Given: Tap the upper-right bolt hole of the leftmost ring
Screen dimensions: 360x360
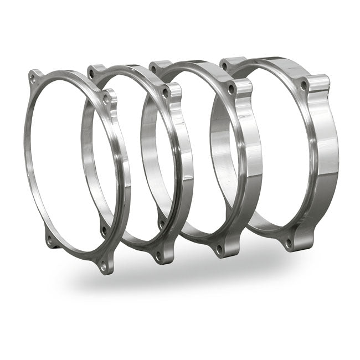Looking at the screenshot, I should point(106,100).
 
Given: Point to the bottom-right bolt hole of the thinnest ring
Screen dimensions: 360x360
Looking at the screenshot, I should point(103,266).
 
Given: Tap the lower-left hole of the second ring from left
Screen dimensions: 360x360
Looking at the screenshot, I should point(104,228).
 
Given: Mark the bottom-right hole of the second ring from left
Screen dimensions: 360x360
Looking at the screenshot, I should point(159,256).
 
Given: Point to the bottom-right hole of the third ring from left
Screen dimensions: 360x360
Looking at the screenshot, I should point(218,250).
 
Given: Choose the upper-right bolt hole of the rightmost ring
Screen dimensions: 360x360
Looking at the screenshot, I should point(304,85).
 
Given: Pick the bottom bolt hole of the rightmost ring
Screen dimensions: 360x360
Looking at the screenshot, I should point(288,242).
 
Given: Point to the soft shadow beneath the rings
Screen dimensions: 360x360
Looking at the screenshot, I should point(183,282).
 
